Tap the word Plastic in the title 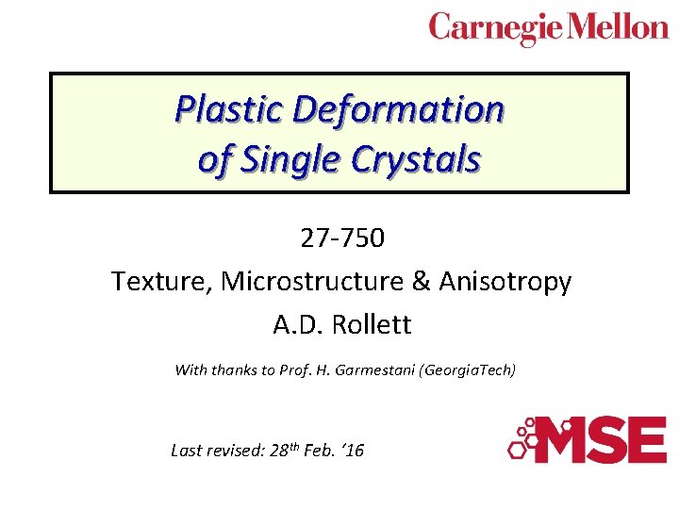(230, 110)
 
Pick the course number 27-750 (342, 238)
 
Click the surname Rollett (373, 325)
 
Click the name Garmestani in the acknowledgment (374, 370)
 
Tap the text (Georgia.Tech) (469, 370)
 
